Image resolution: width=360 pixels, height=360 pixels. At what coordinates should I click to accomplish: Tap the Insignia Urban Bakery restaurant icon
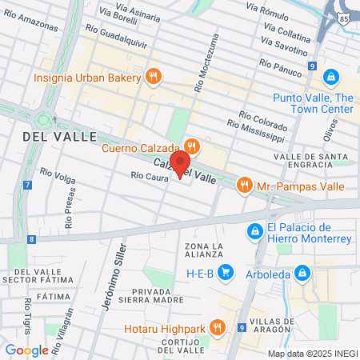pos(154,77)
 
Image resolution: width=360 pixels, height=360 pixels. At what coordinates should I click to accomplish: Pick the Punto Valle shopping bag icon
pos(330,78)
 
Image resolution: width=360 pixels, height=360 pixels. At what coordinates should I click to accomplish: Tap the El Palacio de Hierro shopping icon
pos(254,230)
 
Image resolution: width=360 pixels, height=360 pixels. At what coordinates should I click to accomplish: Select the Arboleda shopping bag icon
pos(302,273)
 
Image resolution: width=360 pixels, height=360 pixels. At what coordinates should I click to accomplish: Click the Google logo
pos(26,350)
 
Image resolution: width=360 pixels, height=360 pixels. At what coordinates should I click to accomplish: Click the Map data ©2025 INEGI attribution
pos(312,353)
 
